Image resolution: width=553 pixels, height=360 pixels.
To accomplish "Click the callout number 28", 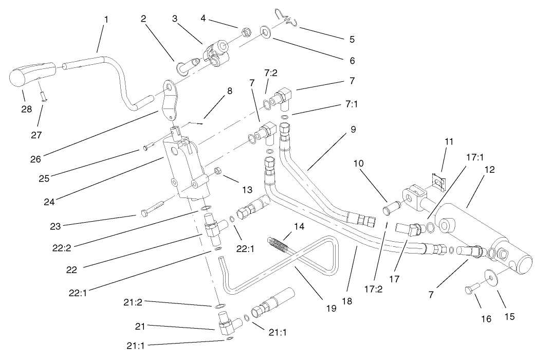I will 26,109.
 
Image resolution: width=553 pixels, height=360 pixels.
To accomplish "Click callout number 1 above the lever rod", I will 106,20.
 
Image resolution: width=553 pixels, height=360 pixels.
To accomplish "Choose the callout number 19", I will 331,309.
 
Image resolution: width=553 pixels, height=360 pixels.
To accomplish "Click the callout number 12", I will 489,170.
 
